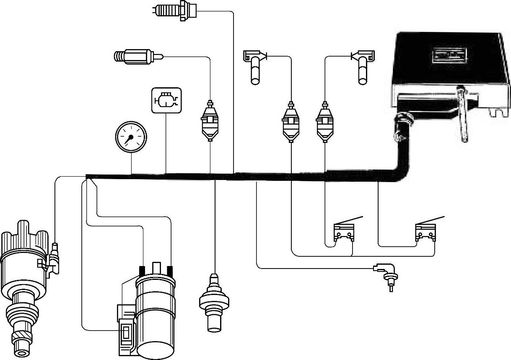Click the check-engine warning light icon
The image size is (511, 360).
166,100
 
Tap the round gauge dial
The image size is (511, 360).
131,136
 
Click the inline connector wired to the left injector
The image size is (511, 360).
291,122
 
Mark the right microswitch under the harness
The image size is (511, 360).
425,232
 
